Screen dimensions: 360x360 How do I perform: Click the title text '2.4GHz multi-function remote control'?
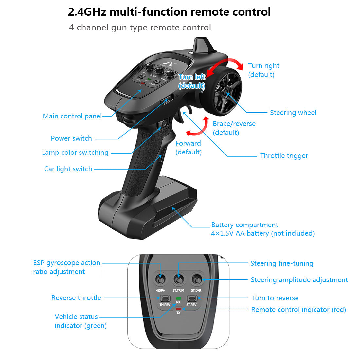click(x=169, y=12)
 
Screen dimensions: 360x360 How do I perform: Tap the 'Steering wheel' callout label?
click(x=293, y=113)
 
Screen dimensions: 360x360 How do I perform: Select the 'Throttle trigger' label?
click(x=284, y=156)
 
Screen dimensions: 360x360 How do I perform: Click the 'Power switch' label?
click(x=71, y=138)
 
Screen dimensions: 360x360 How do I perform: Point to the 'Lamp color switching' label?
click(x=75, y=153)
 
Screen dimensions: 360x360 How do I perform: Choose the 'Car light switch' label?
click(x=68, y=169)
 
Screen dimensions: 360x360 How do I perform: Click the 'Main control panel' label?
click(x=72, y=116)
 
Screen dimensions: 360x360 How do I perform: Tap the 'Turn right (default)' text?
click(x=263, y=70)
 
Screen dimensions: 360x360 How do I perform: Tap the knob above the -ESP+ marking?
click(x=160, y=280)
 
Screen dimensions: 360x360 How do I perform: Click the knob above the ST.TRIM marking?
click(x=179, y=280)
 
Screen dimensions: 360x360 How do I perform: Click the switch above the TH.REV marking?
click(x=165, y=298)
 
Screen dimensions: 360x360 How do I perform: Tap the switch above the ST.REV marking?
click(x=191, y=298)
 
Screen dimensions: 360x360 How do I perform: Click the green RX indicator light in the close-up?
click(x=178, y=298)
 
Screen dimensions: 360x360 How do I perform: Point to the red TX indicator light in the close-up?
click(x=178, y=309)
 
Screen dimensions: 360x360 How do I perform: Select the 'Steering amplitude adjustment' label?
click(x=299, y=280)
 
